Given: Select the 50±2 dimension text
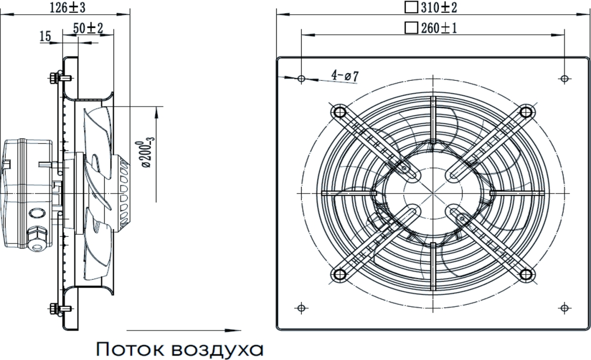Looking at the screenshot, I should click(x=88, y=29).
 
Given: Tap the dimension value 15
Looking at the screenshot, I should click(x=45, y=36).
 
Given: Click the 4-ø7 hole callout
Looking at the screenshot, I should click(x=345, y=76).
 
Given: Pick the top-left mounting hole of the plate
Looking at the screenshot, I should click(x=301, y=78).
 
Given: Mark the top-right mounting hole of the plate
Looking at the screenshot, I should click(x=564, y=78).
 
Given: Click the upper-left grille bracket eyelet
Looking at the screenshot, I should click(x=338, y=111).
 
